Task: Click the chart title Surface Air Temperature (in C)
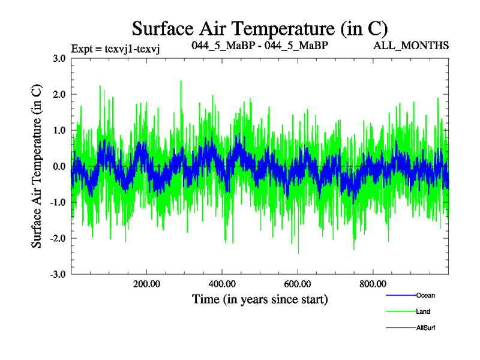click(x=260, y=28)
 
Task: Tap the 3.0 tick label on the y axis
click(x=59, y=58)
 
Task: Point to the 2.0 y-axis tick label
click(x=59, y=94)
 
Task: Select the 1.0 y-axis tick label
click(x=59, y=130)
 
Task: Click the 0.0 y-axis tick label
click(x=59, y=166)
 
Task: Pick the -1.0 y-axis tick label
click(x=57, y=202)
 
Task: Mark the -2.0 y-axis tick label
click(x=57, y=238)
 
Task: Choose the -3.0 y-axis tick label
click(x=57, y=274)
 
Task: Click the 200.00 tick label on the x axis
click(x=146, y=284)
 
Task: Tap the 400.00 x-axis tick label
click(x=222, y=284)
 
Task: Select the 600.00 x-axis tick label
click(x=298, y=284)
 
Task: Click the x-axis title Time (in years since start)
click(x=260, y=298)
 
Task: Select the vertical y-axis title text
click(x=37, y=166)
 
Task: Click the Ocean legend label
click(x=425, y=295)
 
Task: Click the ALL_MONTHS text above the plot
click(x=411, y=46)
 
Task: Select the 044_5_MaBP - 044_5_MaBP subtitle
click(x=259, y=46)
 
